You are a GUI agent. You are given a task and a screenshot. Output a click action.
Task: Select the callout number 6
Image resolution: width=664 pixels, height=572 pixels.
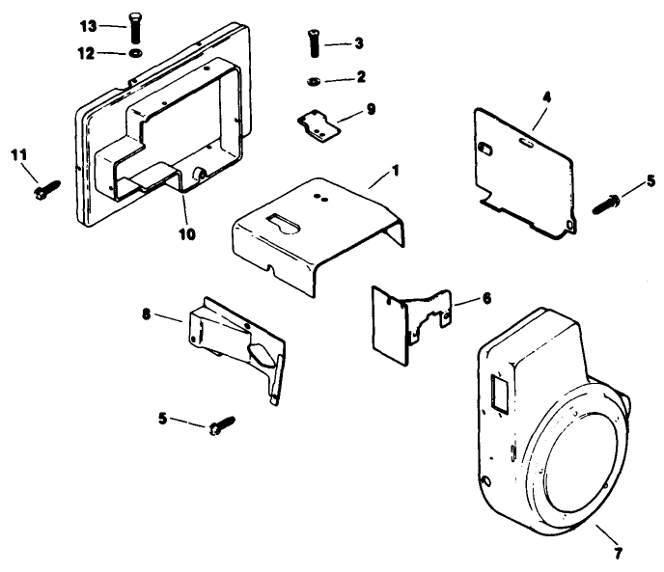point(485,299)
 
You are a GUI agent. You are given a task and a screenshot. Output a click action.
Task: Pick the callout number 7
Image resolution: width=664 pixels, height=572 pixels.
point(617,553)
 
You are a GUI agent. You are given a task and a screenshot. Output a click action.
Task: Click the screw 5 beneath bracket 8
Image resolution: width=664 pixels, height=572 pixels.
point(220,425)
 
